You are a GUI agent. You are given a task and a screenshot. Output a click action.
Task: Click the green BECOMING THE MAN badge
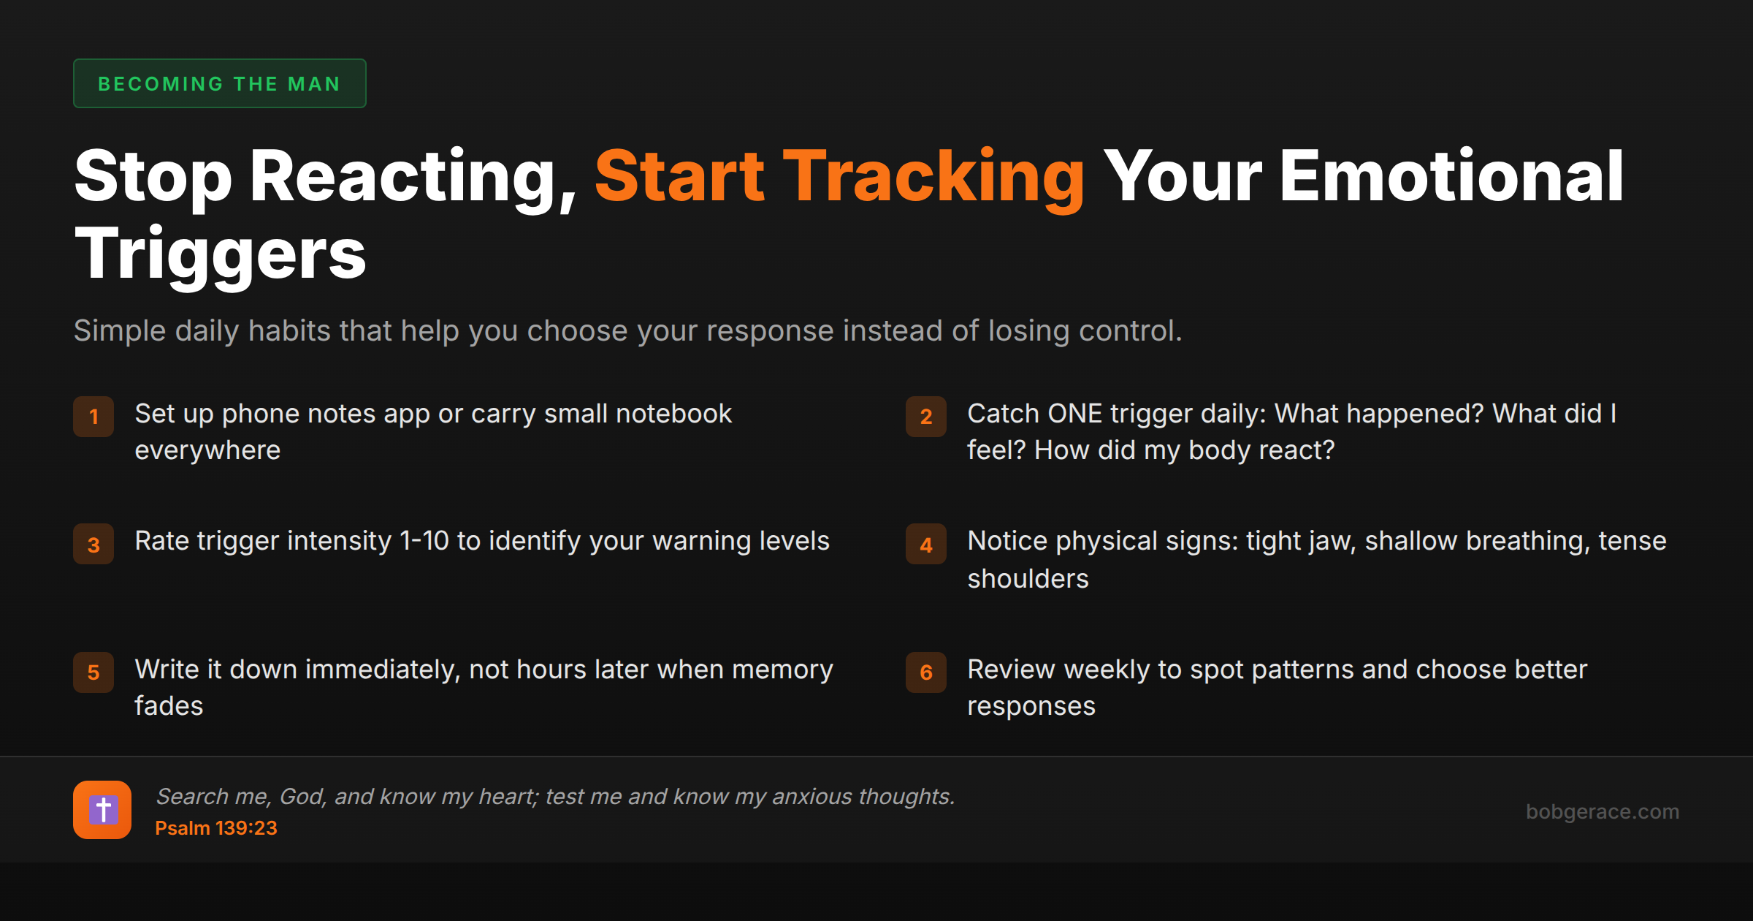click(x=219, y=83)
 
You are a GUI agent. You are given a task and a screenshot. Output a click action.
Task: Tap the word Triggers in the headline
click(x=220, y=254)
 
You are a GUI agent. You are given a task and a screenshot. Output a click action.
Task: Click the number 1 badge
click(x=93, y=417)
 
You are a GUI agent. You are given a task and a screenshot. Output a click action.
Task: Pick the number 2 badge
click(x=926, y=417)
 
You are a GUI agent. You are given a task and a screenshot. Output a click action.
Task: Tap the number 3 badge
click(x=93, y=545)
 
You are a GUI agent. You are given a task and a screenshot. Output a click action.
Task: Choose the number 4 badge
click(x=926, y=545)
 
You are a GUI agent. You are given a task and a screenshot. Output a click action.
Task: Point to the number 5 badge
click(x=93, y=672)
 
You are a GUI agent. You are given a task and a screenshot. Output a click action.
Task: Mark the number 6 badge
click(x=926, y=672)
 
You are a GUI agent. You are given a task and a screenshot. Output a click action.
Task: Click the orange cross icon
click(x=102, y=810)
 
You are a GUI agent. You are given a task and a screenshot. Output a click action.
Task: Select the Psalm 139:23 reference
click(x=216, y=828)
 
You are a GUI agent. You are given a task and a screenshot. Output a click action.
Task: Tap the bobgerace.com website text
click(x=1603, y=811)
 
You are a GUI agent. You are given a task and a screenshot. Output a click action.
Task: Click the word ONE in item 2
click(x=1074, y=414)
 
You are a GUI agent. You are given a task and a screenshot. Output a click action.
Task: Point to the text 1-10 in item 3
click(x=424, y=541)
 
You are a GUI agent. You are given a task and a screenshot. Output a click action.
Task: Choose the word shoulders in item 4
click(x=1028, y=579)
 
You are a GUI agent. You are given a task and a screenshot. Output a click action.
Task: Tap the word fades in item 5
click(x=169, y=706)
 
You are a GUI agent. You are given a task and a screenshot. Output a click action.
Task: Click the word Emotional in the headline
click(x=1452, y=176)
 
